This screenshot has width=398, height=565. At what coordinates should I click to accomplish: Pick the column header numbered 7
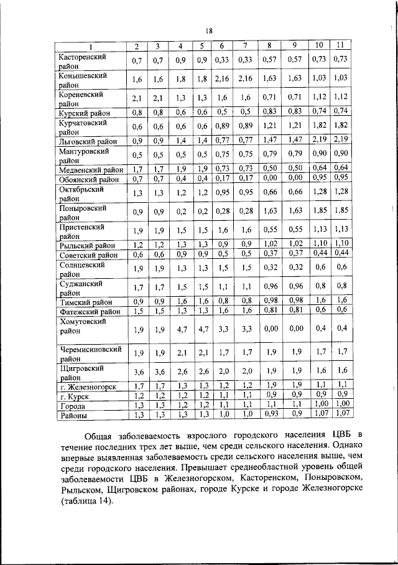click(246, 46)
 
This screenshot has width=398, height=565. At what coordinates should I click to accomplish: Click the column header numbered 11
click(340, 45)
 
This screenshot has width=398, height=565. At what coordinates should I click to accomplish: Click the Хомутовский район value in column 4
click(180, 328)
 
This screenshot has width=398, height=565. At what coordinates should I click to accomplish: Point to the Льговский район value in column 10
click(319, 141)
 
